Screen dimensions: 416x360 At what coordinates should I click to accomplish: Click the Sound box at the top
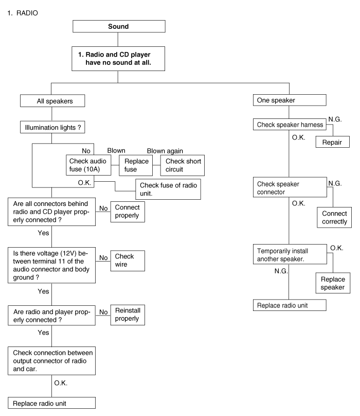[x=118, y=26]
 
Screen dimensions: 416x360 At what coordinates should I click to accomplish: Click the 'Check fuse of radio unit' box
[x=167, y=189]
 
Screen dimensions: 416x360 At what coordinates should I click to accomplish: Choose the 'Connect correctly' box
[x=334, y=217]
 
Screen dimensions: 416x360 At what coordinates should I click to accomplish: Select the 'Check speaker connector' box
[x=290, y=187]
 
